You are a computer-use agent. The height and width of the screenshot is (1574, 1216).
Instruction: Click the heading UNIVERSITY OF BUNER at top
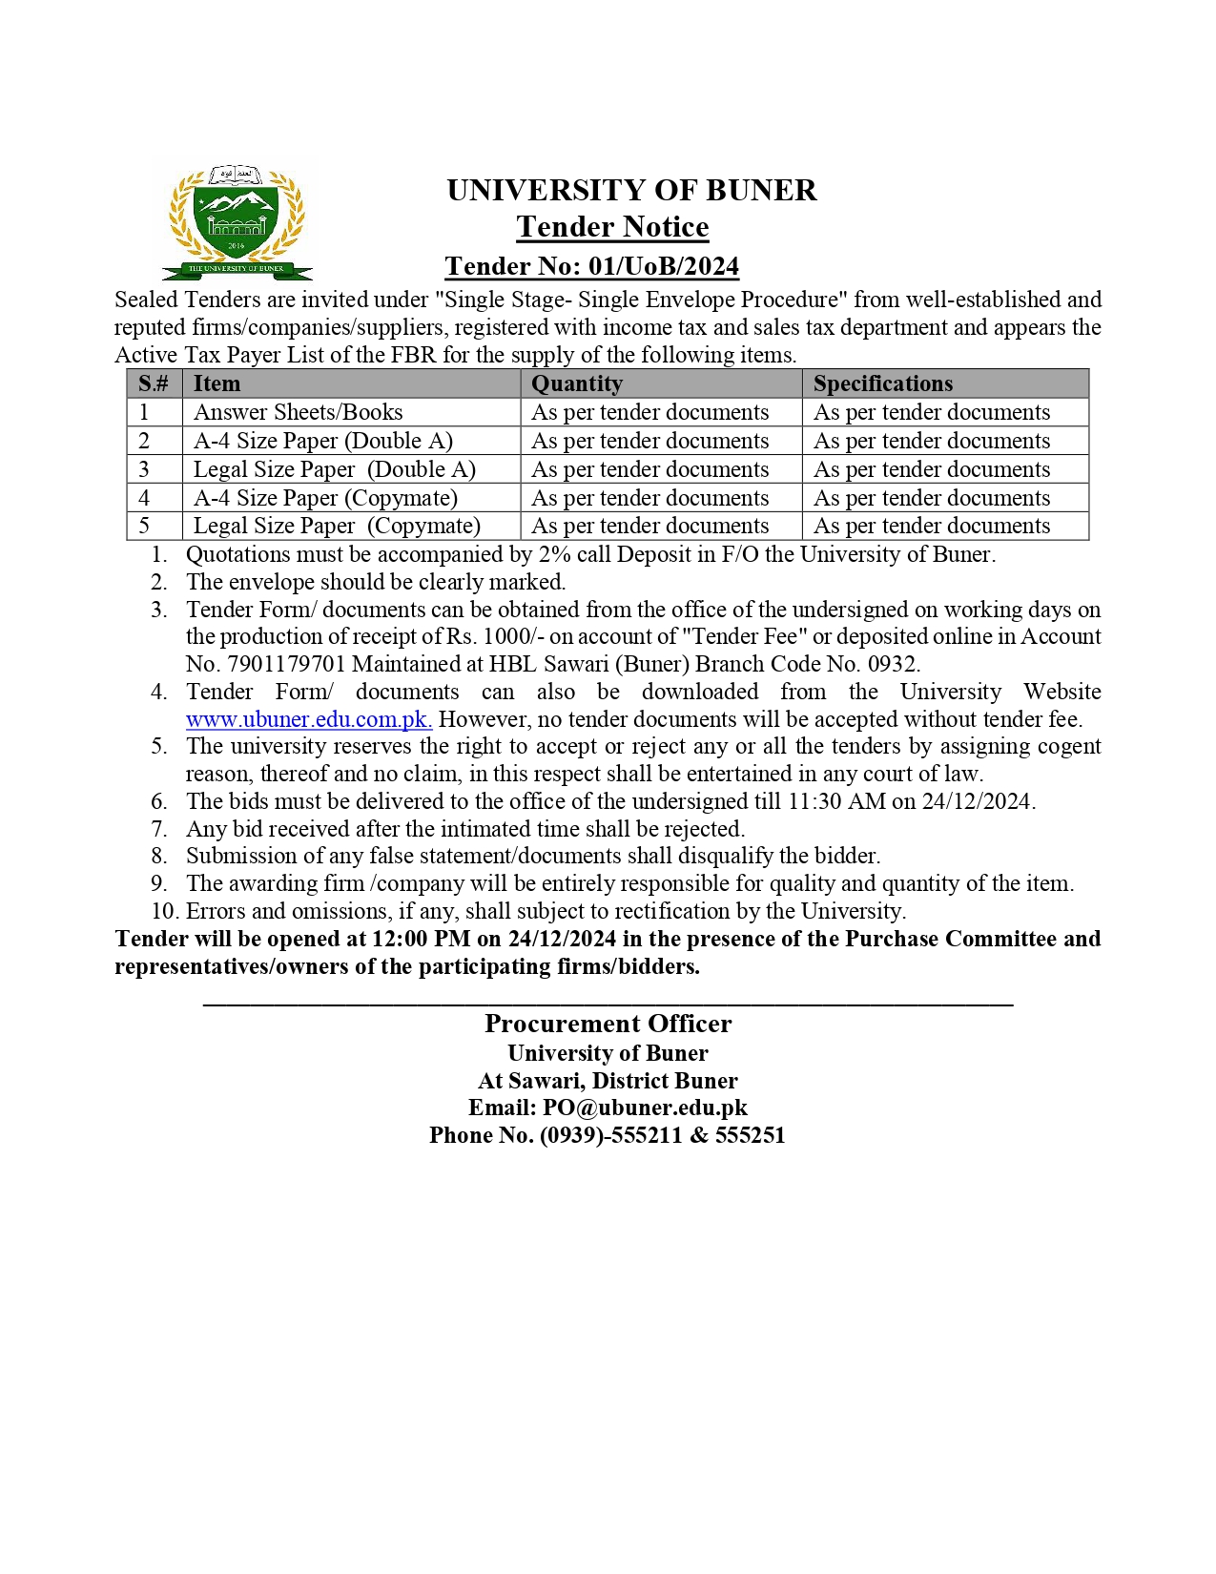631,191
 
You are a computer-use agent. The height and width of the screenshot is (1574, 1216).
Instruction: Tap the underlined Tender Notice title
612,227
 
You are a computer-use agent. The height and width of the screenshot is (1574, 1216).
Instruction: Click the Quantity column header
577,383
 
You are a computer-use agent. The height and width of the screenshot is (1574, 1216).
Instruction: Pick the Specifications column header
882,383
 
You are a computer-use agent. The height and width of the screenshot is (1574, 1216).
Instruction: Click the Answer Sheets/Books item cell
298,412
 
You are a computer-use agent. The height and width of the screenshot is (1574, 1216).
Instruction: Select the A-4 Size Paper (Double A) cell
322,441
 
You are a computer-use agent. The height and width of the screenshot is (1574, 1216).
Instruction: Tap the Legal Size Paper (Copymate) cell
337,526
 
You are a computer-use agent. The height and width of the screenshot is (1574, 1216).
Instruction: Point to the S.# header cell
154,383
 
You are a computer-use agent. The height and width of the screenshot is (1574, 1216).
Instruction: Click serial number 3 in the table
144,469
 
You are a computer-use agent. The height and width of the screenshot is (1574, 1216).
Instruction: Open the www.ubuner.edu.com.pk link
308,719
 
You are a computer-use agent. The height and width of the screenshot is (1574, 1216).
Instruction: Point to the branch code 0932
892,664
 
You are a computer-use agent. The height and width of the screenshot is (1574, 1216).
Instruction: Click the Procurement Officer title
608,1024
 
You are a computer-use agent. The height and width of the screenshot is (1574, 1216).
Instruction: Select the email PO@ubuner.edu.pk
645,1108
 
